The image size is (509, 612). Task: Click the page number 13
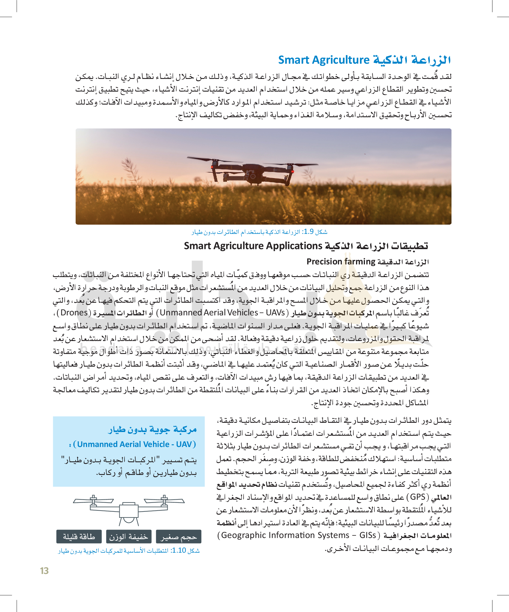pos(44,570)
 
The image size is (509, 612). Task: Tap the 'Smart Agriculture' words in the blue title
pos(324,60)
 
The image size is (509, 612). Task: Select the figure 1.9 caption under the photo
pos(259,232)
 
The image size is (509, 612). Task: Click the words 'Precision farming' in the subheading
pos(341,262)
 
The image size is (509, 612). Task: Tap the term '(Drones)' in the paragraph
pos(74,313)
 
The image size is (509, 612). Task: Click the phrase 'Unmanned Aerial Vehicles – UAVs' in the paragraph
pos(222,313)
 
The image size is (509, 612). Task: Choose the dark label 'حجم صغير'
pos(178,537)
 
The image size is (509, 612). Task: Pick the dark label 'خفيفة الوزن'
pos(129,537)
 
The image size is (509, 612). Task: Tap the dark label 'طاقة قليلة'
pos(79,537)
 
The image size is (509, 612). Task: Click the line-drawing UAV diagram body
pos(129,511)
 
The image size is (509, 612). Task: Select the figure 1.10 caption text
pos(129,550)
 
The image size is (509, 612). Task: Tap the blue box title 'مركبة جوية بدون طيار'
pos(152,430)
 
